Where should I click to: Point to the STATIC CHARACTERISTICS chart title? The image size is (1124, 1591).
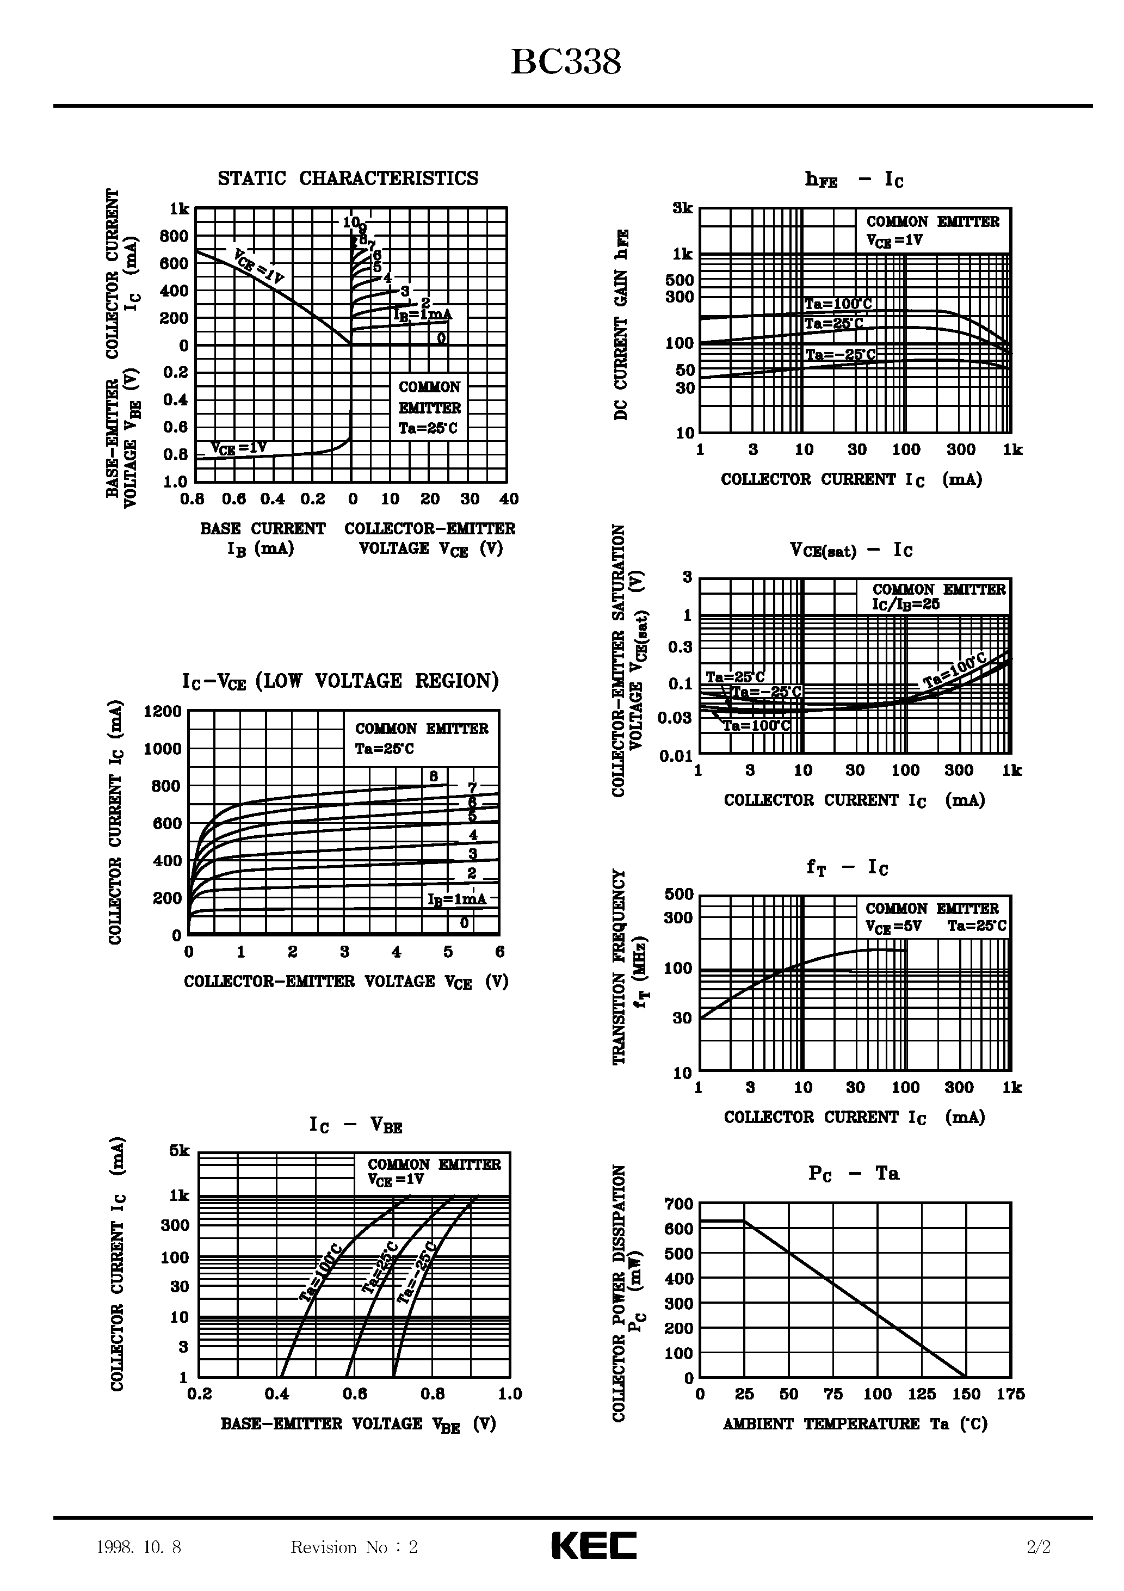coord(348,179)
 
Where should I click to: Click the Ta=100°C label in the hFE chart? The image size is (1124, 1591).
coord(838,304)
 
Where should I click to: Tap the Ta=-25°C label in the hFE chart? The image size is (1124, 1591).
coord(840,355)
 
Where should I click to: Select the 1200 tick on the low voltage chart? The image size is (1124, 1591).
coord(162,712)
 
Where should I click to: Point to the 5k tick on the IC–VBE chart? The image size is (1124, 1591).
coord(179,1151)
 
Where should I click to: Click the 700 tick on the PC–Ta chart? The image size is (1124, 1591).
coord(678,1204)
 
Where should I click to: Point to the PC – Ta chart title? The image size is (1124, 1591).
coord(853,1174)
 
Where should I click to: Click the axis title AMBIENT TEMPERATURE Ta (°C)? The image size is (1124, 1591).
coord(855,1424)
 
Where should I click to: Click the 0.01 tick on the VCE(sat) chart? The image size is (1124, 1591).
coord(676,756)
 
